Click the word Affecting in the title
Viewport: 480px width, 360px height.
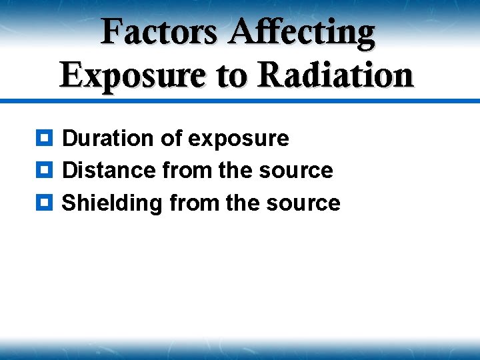point(303,32)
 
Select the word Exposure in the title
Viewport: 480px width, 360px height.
point(131,74)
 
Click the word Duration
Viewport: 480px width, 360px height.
point(108,139)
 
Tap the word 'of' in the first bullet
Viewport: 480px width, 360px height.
point(171,139)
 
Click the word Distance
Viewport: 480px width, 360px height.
point(109,171)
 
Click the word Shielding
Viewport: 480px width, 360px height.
point(112,203)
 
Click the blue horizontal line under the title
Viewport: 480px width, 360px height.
point(240,101)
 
